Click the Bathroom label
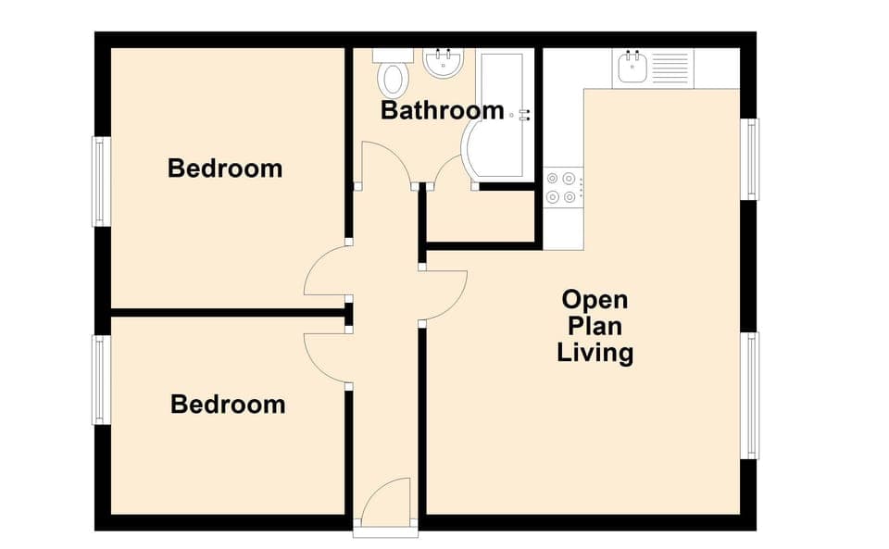(443, 111)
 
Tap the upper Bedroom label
(225, 168)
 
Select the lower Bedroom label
(228, 405)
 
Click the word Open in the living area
(595, 300)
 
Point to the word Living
(595, 353)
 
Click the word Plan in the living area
(595, 327)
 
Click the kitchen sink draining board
(670, 67)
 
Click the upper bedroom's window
(101, 181)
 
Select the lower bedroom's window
(101, 380)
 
